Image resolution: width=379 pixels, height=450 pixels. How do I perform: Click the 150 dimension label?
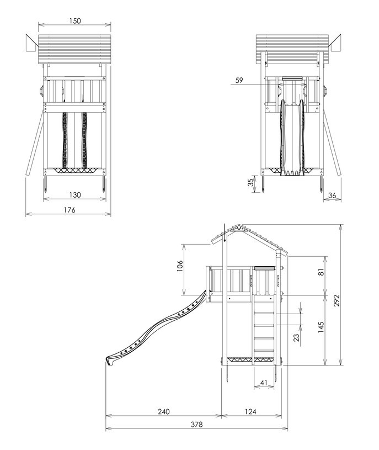point(75,21)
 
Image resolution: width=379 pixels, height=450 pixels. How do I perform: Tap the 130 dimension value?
point(75,195)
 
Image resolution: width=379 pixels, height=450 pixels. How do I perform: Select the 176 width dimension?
point(68,210)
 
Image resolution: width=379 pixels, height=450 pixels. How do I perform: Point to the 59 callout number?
point(239,80)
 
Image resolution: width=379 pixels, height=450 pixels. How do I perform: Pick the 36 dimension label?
point(332,195)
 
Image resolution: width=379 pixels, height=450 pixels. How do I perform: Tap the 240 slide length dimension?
point(163,411)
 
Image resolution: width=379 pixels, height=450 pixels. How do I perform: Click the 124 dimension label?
point(251,411)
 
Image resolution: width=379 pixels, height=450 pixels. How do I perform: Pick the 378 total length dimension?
point(197,425)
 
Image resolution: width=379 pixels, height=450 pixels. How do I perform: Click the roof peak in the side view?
point(237,227)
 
